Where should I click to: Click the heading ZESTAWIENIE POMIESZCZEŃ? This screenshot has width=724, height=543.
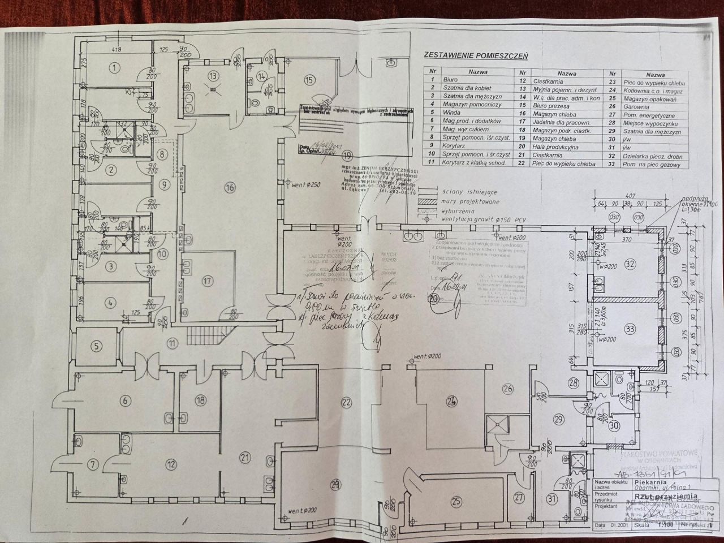coord(475,55)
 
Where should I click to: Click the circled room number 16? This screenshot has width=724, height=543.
coord(229,187)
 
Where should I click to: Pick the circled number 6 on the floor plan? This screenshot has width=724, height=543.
coord(125,401)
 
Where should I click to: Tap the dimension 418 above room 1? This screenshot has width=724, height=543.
coord(117,50)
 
